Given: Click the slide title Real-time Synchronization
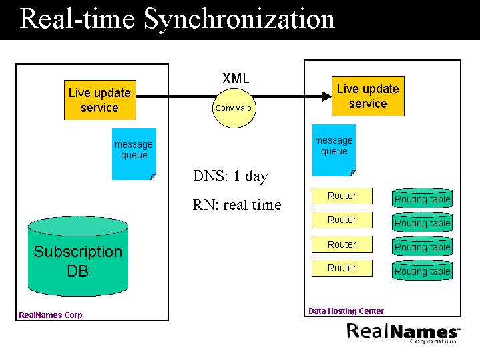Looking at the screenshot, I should (177, 19).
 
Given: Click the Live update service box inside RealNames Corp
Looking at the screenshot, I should (99, 100).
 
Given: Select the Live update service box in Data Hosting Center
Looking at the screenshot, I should (368, 96).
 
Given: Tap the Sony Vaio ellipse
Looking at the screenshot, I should (234, 107).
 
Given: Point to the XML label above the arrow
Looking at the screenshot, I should (236, 79).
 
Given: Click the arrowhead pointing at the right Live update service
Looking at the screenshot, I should (326, 96).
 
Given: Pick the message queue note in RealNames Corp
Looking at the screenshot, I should (134, 154).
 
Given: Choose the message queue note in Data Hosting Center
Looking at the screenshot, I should (334, 150).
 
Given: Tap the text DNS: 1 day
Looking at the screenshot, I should (230, 176).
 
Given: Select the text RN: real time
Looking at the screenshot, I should (237, 205).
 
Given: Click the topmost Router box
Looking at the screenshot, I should (342, 196).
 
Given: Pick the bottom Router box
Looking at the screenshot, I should (342, 268).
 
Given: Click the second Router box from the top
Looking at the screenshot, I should (342, 220).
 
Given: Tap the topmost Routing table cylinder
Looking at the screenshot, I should (422, 198).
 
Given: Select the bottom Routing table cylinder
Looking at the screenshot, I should (422, 271).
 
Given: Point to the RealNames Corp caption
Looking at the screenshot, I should (51, 315).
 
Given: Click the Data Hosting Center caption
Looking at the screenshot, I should (346, 311).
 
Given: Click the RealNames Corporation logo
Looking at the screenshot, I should (403, 332).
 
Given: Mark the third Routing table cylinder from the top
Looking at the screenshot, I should (422, 246).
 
